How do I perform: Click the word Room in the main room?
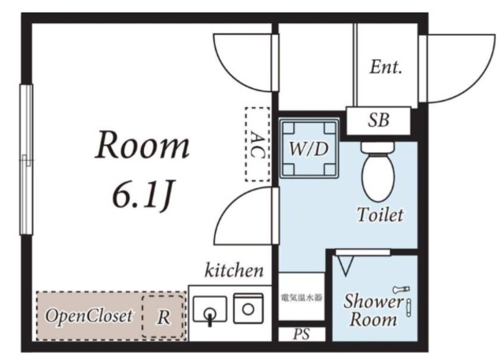tap(142, 145)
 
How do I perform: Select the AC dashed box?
tap(258, 144)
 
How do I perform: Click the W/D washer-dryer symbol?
tap(309, 148)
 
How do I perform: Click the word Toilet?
tap(380, 215)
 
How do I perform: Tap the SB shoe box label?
tap(378, 121)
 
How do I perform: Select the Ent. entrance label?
tap(386, 67)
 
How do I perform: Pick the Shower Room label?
tap(373, 310)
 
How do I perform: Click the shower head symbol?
tap(401, 290)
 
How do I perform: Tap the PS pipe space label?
tap(301, 334)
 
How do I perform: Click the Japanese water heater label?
tap(301, 298)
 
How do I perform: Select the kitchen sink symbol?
tap(210, 310)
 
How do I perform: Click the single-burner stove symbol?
tap(248, 309)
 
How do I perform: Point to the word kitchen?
tap(235, 271)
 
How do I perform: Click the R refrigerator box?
tap(164, 315)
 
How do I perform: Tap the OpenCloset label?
tap(89, 316)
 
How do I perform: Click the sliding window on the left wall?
tap(26, 159)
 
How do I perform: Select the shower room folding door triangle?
tap(345, 264)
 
